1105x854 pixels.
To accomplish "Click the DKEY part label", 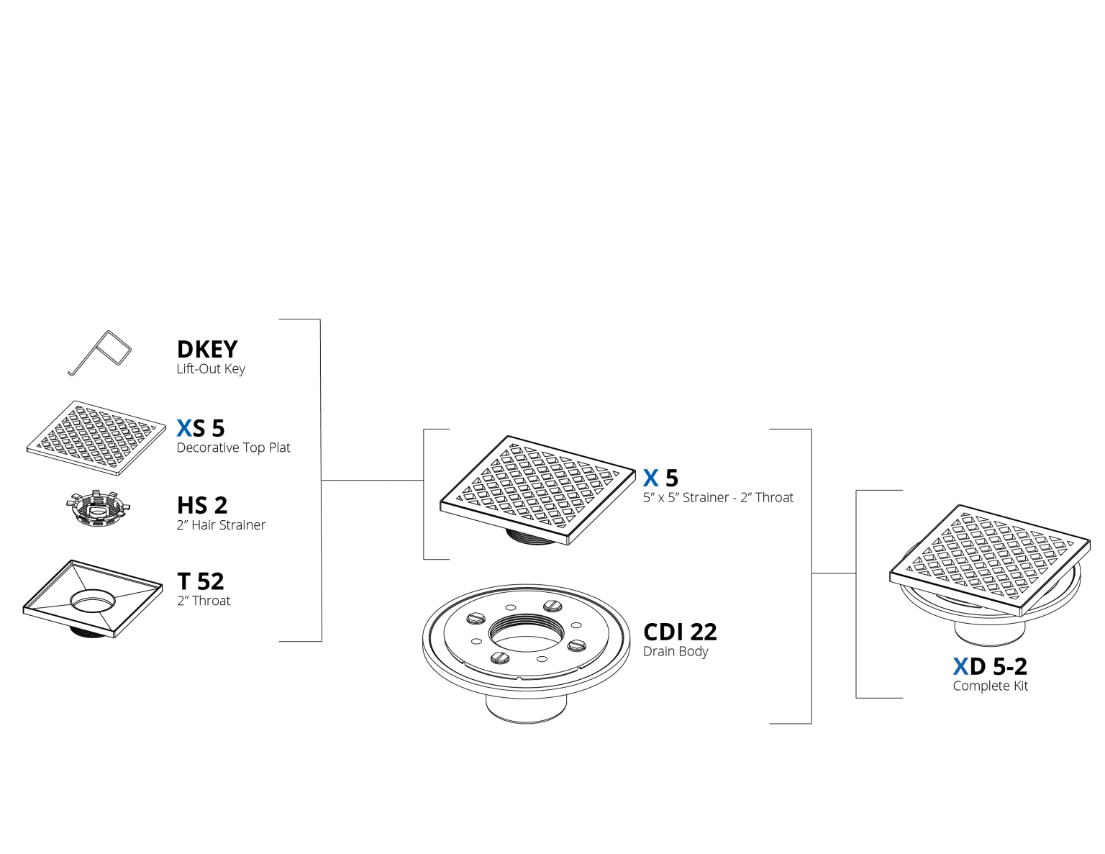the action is coord(207,349).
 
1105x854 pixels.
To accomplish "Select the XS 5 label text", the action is coord(201,428).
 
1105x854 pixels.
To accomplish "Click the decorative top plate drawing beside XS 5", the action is coord(96,437).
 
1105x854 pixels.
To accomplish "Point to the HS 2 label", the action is coord(202,505).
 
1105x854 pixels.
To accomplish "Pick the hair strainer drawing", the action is coord(98,508).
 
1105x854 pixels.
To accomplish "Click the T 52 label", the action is coord(201,581).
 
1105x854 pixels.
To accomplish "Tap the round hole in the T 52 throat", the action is coord(93,601).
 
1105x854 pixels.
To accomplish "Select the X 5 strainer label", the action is coord(660,478).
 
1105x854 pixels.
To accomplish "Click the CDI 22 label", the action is coord(680,632).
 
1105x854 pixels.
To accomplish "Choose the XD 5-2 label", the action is coord(990,666).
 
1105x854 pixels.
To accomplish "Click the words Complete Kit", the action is coord(991,686).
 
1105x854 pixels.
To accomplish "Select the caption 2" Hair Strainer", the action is coord(221,524).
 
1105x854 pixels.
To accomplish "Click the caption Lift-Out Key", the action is coord(211,368).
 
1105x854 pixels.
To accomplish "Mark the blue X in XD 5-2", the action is coord(960,666).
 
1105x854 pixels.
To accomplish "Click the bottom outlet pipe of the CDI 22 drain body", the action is coord(527,708).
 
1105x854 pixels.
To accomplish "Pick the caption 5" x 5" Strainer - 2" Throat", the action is coord(718,497).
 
